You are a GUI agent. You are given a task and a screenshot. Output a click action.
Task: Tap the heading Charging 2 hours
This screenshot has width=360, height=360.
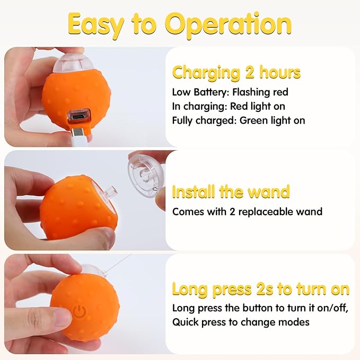(236, 72)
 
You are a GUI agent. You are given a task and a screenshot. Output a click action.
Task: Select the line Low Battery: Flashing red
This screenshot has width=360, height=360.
(230, 92)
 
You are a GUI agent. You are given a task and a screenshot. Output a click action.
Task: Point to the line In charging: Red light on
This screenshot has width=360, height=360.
(229, 106)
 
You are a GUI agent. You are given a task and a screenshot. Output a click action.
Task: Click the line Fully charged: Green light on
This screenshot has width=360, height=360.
(239, 120)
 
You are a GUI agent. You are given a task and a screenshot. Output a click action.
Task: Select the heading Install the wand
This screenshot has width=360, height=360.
(231, 191)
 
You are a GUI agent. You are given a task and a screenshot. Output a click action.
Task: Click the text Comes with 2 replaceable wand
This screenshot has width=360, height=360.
(247, 212)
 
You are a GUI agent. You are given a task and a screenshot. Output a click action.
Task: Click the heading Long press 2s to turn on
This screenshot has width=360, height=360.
(260, 289)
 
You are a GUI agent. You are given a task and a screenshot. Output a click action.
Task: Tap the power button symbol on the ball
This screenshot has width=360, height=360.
(80, 312)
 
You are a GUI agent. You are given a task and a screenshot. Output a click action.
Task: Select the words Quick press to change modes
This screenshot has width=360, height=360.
(241, 322)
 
